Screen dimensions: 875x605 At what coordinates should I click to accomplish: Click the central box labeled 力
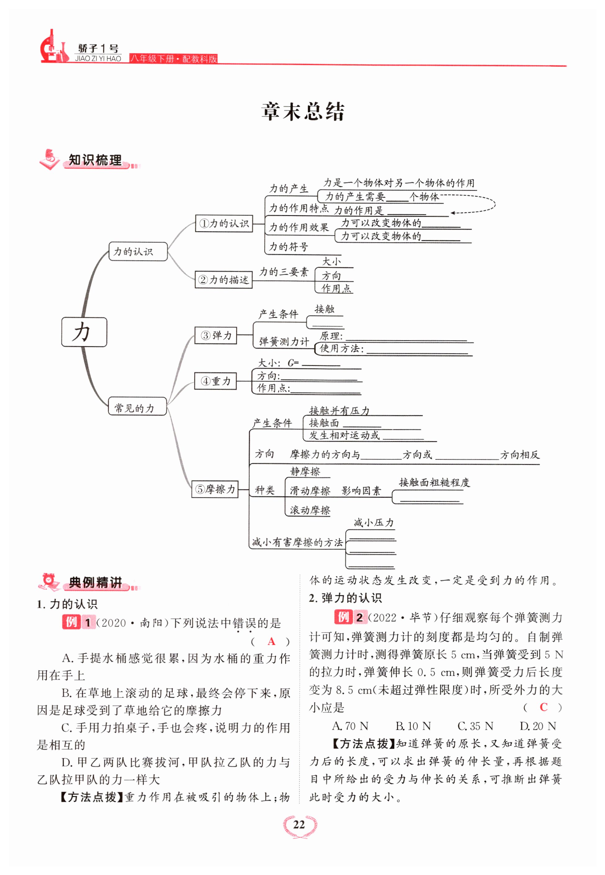[84, 332]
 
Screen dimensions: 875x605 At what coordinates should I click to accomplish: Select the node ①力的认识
[224, 223]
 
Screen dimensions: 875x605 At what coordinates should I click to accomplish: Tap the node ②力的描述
[223, 280]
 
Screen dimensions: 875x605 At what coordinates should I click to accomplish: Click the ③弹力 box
[215, 335]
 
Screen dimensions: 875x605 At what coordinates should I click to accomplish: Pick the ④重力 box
[215, 381]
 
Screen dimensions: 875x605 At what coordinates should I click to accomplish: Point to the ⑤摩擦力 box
[215, 489]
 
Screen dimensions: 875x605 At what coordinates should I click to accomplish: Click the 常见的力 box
[137, 406]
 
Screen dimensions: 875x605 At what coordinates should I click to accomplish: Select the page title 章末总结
[302, 111]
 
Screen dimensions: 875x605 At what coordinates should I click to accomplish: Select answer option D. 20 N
[538, 726]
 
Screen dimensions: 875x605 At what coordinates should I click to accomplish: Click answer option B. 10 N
[413, 726]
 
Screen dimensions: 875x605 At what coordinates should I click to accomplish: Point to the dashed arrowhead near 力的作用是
[453, 213]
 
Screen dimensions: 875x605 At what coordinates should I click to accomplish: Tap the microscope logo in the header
[53, 47]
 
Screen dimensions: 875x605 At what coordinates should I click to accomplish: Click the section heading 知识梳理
[95, 160]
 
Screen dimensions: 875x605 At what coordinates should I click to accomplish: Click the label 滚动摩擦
[310, 510]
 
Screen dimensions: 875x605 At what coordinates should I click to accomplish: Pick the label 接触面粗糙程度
[434, 482]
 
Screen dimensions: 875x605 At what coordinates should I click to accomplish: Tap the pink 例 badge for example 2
[343, 617]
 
